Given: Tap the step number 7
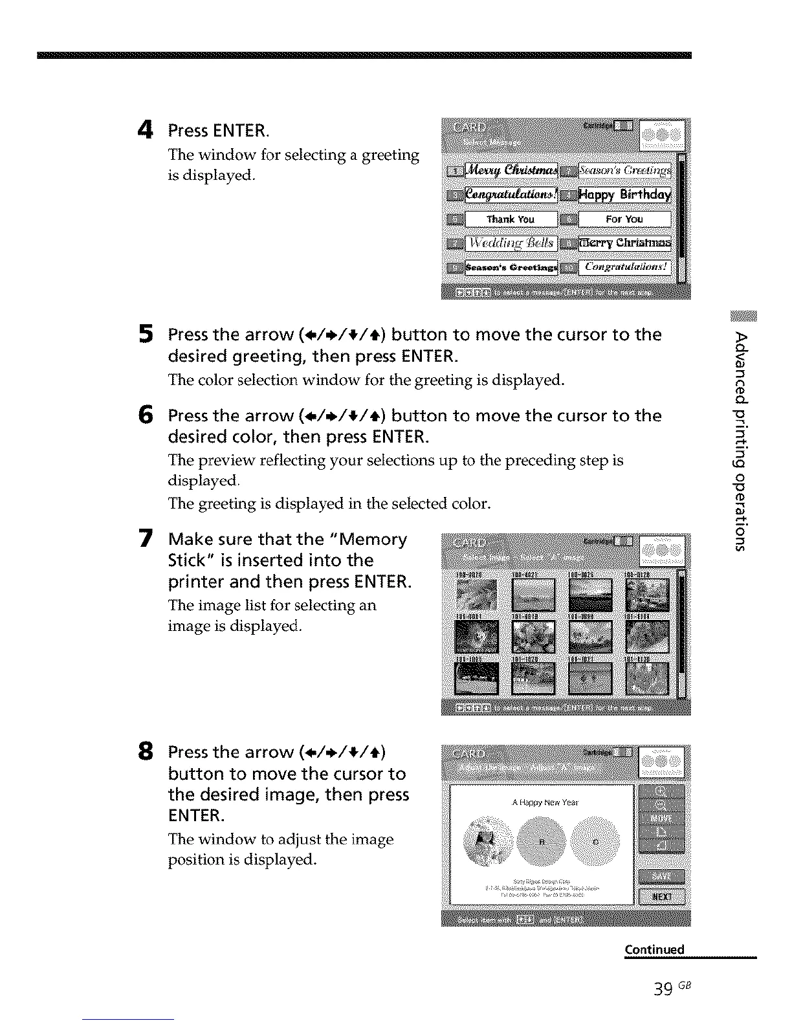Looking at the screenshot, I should coord(146,539).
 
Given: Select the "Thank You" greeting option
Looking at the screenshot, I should coord(511,219).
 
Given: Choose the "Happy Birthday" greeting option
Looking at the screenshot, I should coord(624,195).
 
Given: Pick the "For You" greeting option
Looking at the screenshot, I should coord(624,219).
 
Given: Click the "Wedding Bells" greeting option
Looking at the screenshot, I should coord(511,243).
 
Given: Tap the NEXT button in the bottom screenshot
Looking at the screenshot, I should coord(661,896).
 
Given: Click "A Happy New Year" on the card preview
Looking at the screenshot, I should coord(545,802).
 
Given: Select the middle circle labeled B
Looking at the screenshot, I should coord(541,842).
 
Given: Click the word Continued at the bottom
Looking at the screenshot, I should coord(654,949).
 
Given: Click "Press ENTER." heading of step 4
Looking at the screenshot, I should coord(219,131).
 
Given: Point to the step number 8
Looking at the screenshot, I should coord(146,752).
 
